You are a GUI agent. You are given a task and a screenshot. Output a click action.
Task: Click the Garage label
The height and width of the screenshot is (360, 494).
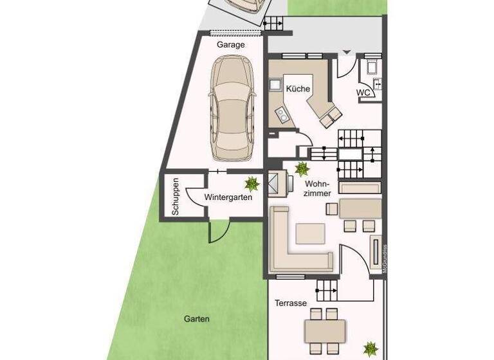pos(230,45)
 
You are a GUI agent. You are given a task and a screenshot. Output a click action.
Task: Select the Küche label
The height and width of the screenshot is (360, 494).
pos(298,89)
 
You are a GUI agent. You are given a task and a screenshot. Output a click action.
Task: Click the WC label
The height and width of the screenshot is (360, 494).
pos(363,93)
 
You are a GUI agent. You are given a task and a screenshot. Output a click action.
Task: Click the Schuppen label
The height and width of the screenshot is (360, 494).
pos(175,196)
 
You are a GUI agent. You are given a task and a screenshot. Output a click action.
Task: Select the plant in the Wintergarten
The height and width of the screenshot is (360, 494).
pos(252,184)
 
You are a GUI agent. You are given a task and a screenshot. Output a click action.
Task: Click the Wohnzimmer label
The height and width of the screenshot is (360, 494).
pos(317,188)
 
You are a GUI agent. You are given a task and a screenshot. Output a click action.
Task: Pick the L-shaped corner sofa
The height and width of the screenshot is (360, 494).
pos(289,244)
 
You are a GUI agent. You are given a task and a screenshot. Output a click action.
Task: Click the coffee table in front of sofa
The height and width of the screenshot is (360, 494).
pos(310,232)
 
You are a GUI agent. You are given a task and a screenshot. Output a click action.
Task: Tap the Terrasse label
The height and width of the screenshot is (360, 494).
pos(290,303)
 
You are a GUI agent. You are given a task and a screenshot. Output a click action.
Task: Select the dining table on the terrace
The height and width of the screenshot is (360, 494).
pos(325,332)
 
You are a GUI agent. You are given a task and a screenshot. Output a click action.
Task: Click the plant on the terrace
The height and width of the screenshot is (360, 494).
pos(370,349)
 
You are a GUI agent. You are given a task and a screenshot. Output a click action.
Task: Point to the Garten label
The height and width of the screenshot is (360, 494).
pos(196,319)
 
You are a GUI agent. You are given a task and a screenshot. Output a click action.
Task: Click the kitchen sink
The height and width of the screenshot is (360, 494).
pos(273,84)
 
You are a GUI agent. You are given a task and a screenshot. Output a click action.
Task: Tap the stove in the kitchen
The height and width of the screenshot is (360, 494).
pos(282,116)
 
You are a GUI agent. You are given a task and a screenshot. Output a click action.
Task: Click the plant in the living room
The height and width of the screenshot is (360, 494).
pos(301,169)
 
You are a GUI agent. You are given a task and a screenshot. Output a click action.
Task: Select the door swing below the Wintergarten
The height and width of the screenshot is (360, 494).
pos(217,231)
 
